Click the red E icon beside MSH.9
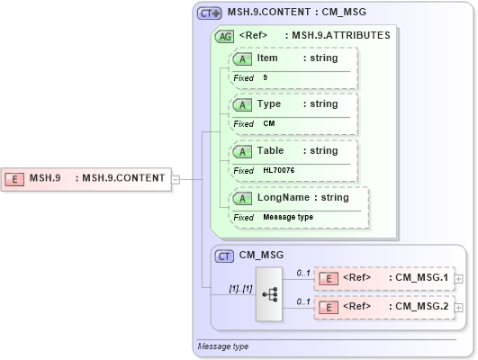15,178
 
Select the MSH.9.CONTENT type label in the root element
123,178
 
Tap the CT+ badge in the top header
210,13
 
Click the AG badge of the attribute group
224,36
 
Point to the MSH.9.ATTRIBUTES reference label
338,36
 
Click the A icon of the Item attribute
242,58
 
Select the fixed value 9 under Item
266,78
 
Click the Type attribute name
269,104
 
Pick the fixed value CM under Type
268,124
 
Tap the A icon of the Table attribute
242,151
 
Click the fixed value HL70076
278,171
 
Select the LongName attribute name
284,198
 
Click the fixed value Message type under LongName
288,218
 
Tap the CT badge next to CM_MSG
225,256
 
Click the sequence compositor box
269,293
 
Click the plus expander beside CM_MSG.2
460,308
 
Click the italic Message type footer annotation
223,346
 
